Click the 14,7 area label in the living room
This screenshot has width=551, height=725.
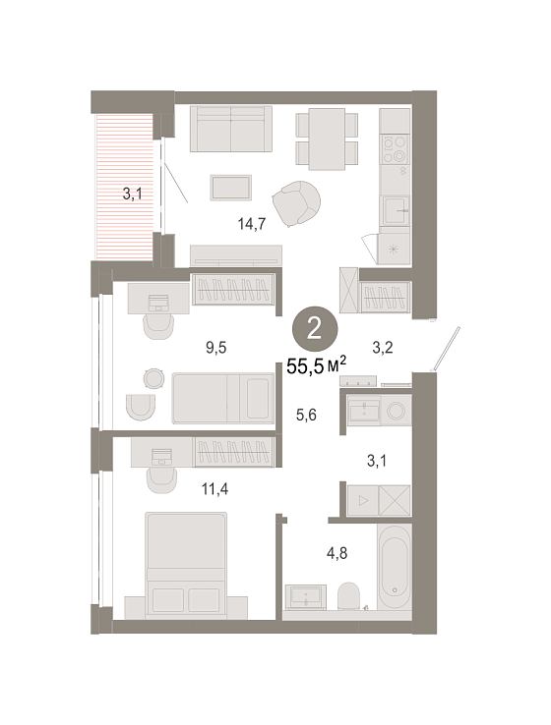tap(252, 224)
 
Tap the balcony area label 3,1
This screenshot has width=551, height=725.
tap(132, 194)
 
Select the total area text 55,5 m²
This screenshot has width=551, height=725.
tap(316, 365)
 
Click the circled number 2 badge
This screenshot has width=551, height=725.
tap(315, 329)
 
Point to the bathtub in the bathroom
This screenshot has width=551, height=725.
tap(394, 567)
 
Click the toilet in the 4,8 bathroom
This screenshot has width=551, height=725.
tap(348, 595)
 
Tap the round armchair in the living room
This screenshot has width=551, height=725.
tap(296, 203)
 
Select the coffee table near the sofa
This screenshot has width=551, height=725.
tap(230, 188)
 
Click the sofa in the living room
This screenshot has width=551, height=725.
tap(230, 129)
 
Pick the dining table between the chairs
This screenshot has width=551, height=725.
tap(327, 139)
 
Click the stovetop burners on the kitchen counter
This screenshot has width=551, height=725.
tap(395, 149)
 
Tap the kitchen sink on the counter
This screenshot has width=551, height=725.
tap(396, 210)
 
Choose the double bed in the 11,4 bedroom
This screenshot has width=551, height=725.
tap(186, 565)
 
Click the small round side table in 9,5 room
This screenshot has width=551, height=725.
tap(153, 378)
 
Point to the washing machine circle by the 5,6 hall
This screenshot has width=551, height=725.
tap(396, 410)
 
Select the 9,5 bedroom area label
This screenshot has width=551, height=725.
tap(216, 347)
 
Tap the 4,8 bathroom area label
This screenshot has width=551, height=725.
tap(337, 553)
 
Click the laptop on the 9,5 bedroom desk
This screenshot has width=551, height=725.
tap(158, 303)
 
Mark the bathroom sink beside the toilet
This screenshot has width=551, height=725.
tap(306, 595)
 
